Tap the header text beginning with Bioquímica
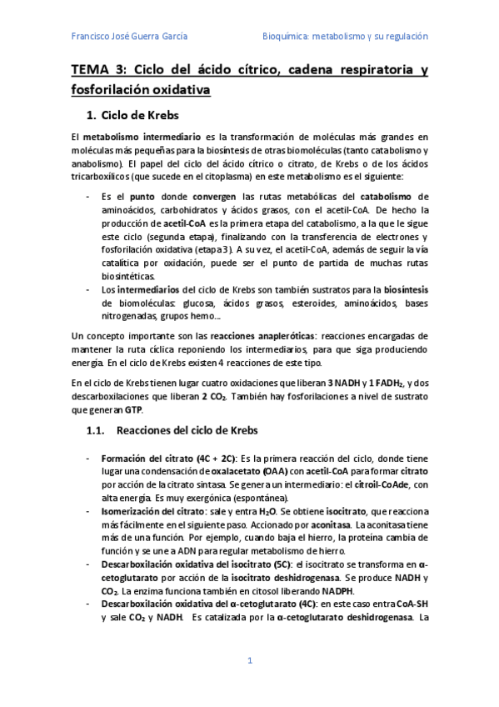[344, 37]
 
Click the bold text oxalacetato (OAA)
[232, 470]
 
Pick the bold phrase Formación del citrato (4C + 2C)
[168, 457]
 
